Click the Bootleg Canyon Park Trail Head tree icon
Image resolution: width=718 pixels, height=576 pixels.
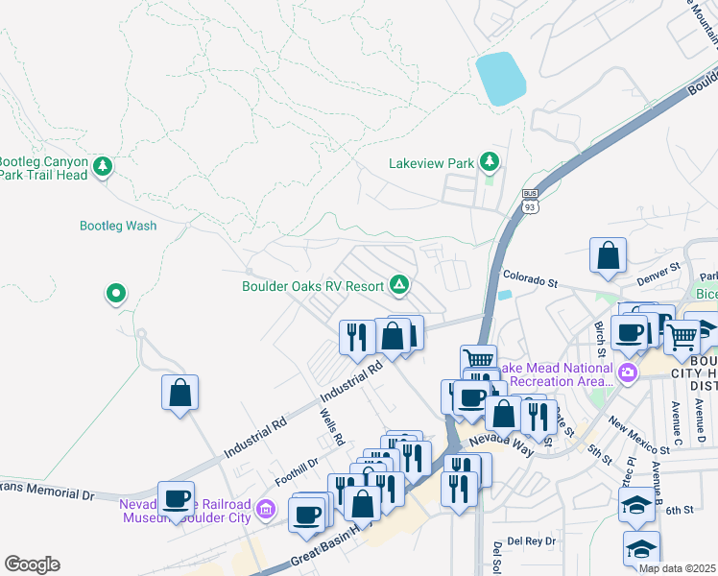point(103,167)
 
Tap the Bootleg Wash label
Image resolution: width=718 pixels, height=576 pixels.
point(117,226)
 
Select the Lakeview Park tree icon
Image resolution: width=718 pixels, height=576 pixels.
point(490,161)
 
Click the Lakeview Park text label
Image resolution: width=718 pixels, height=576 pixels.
point(431,163)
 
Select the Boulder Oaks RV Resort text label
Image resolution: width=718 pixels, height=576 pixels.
point(313,285)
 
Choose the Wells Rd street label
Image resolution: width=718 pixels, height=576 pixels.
point(332,426)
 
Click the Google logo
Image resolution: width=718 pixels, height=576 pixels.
point(32,564)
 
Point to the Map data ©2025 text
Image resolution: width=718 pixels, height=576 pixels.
point(678,568)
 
